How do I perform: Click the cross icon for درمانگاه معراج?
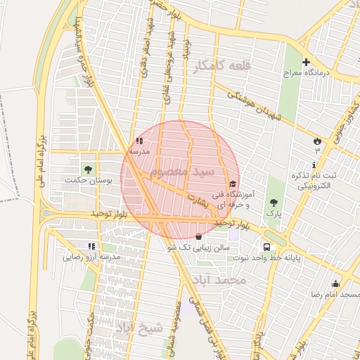(306, 62)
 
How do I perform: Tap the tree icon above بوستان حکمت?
(88, 169)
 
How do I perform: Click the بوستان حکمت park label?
(89, 181)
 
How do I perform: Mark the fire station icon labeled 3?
(317, 141)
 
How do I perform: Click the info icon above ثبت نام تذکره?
(313, 165)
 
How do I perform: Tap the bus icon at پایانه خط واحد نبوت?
(266, 247)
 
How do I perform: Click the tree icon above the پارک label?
(274, 202)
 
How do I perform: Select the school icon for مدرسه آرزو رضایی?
(91, 246)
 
